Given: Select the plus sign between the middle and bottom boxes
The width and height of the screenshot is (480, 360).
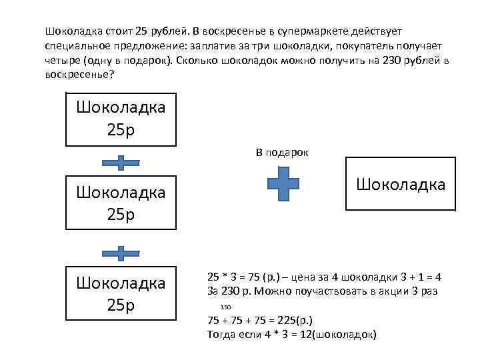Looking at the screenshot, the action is tap(121, 253).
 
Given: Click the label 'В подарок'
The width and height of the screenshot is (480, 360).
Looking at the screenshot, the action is tap(282, 153).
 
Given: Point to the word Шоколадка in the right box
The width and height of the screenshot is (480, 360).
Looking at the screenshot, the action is tap(401, 183).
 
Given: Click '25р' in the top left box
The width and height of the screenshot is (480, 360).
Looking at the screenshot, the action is tap(121, 128).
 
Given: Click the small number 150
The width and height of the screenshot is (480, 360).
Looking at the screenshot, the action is tap(225, 308).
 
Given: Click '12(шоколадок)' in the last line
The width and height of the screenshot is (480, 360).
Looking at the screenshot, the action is tap(339, 333).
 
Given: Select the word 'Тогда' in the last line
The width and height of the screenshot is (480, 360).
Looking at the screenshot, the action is tap(222, 333).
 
